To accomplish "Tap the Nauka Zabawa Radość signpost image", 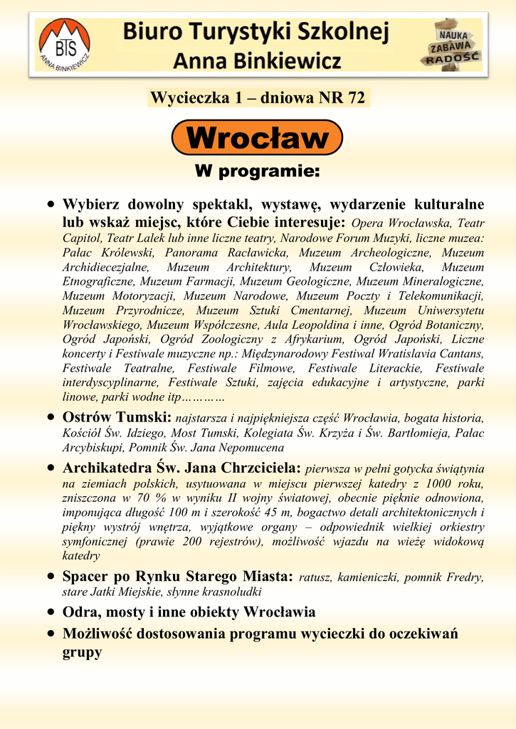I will coord(453,44).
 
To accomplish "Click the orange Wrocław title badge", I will coord(258,137).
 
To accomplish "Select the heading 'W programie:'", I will coord(258,172).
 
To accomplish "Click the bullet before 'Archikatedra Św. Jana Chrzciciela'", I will coord(51,468).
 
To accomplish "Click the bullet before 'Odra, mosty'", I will coord(51,612).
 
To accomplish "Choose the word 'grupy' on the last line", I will coord(82,651).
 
